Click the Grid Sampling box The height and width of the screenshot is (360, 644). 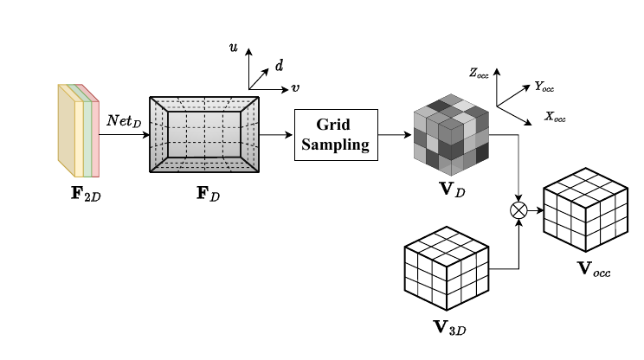337,133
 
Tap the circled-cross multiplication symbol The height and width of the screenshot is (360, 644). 518,210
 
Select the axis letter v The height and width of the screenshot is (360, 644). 295,87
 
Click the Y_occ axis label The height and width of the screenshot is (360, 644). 545,86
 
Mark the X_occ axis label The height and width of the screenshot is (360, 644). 555,115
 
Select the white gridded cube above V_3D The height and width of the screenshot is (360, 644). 446,271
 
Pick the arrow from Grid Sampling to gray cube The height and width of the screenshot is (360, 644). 395,134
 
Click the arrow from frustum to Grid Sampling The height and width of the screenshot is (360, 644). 277,134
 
